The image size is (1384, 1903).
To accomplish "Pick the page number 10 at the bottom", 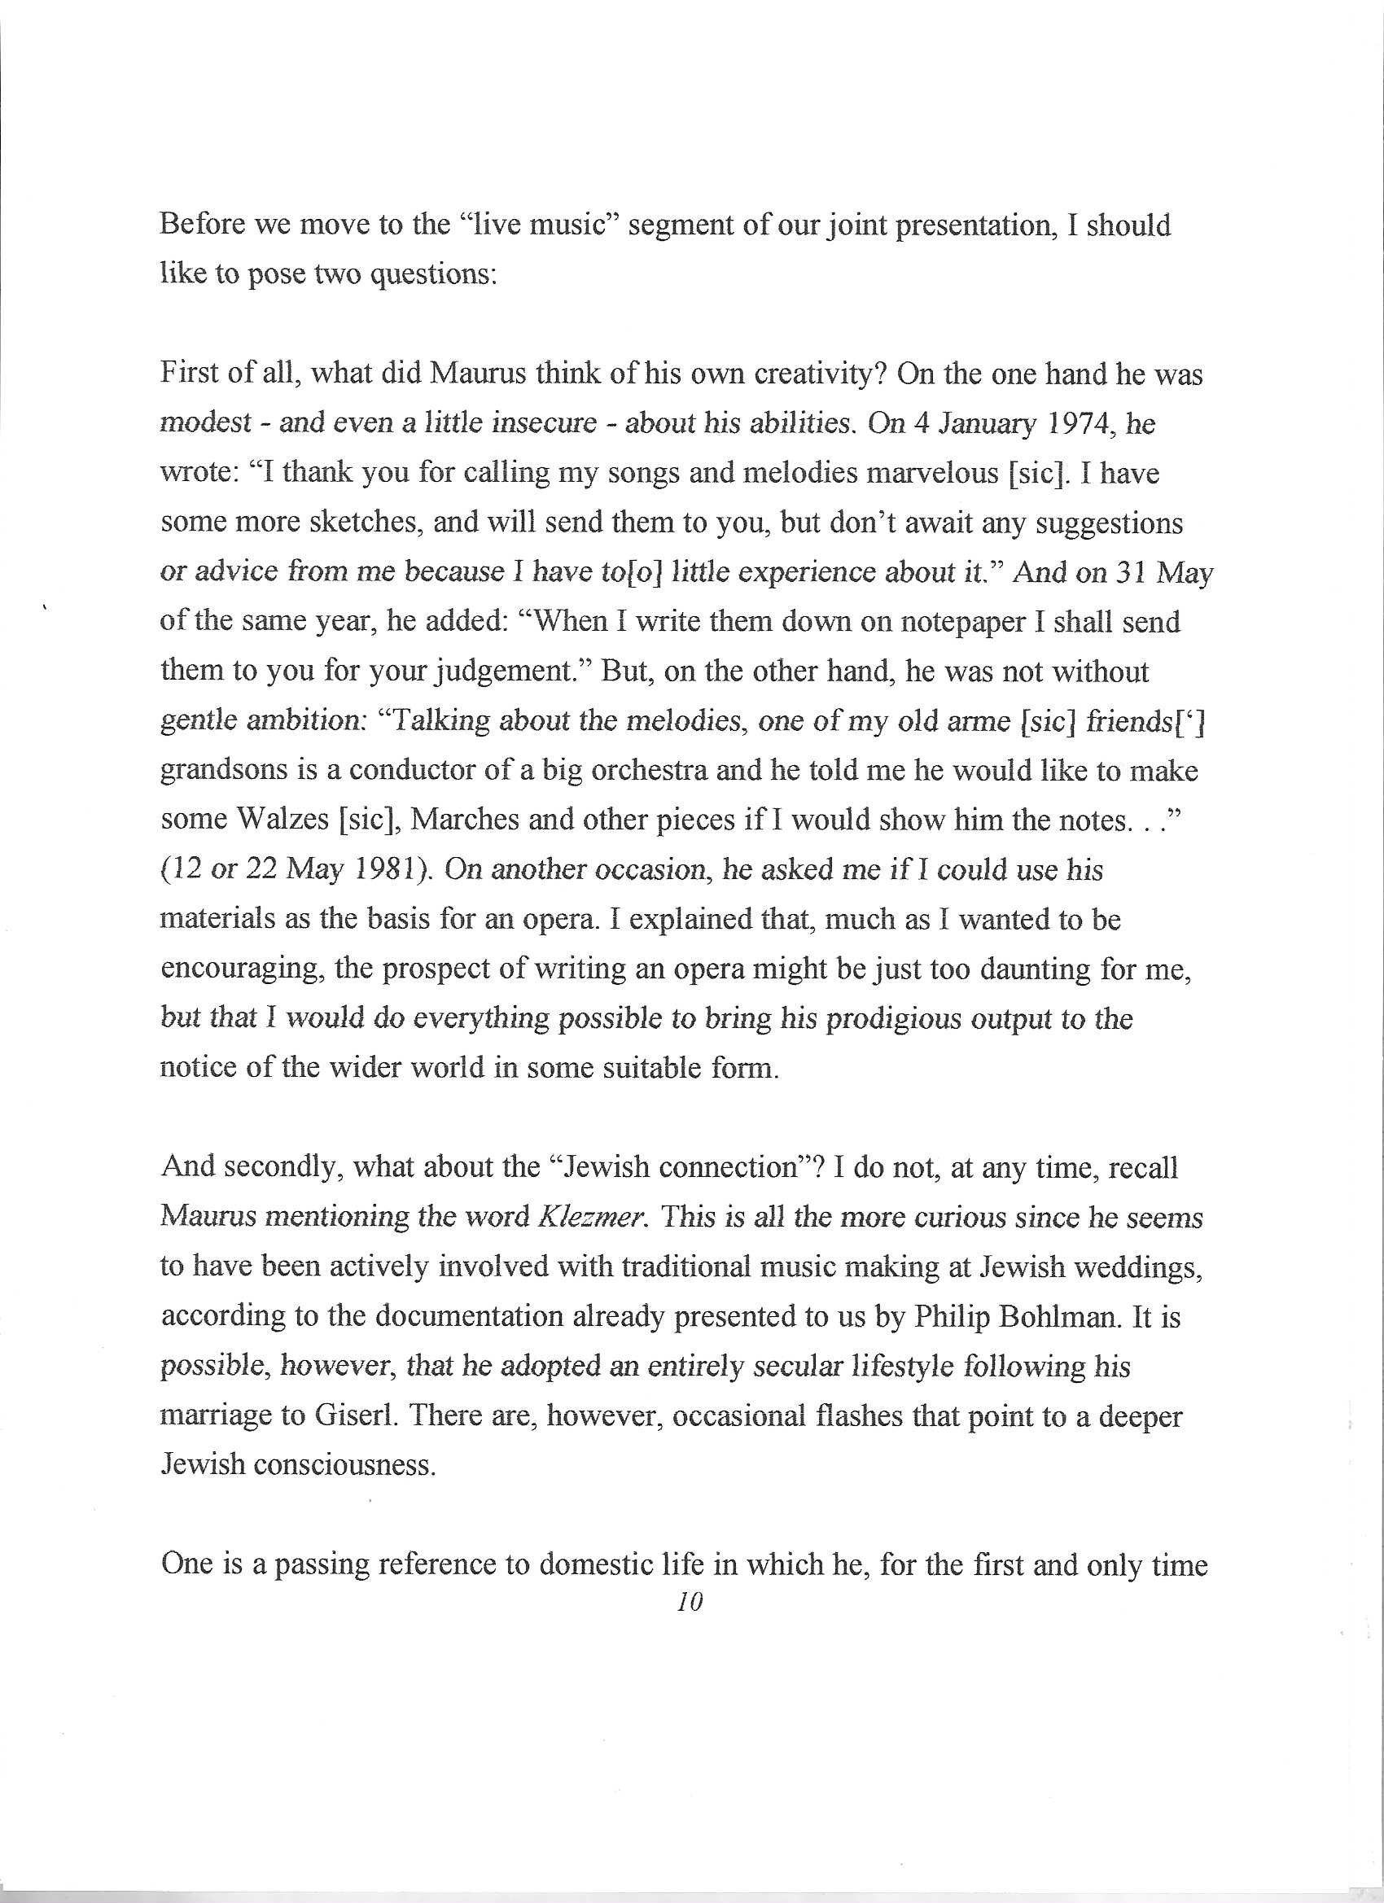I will pos(690,1602).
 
